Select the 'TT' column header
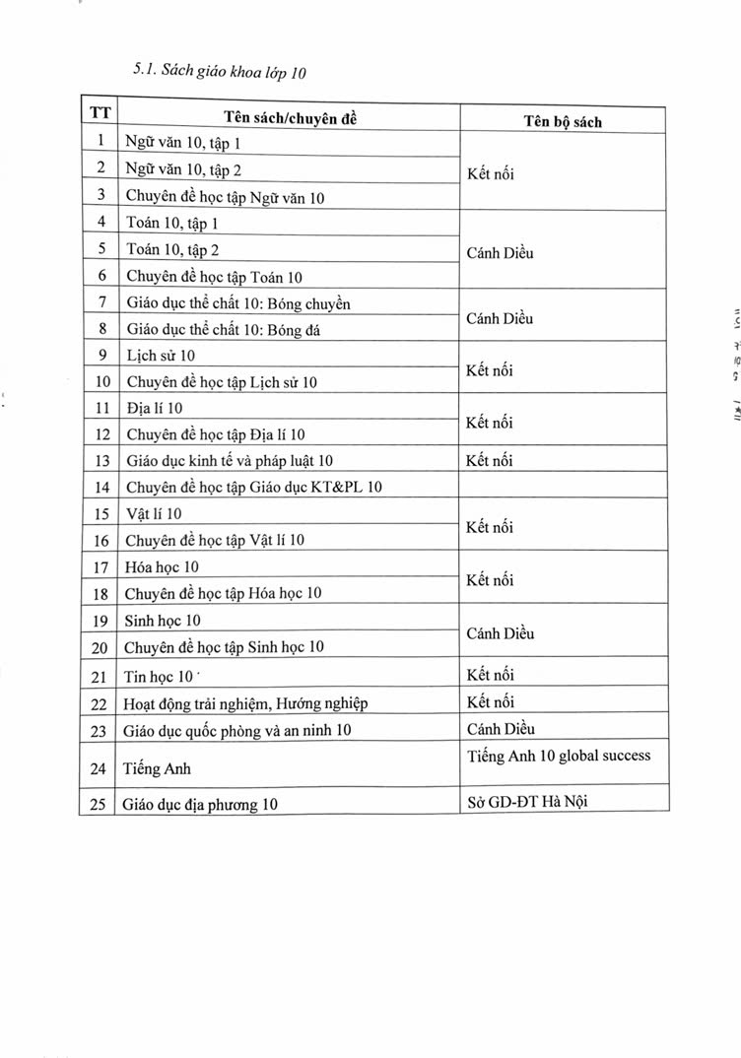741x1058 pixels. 101,113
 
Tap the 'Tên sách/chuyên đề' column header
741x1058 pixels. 289,117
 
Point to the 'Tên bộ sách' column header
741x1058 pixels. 562,122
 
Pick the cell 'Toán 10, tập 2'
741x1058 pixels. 171,250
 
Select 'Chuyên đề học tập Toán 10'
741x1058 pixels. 214,277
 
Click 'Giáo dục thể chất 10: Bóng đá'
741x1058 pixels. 223,330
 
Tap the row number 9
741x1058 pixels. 101,354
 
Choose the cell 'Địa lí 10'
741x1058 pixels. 155,407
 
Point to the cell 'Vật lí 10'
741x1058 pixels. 154,513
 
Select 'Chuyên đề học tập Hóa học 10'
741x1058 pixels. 223,593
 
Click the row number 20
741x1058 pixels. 101,647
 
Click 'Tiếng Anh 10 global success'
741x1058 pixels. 559,756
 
